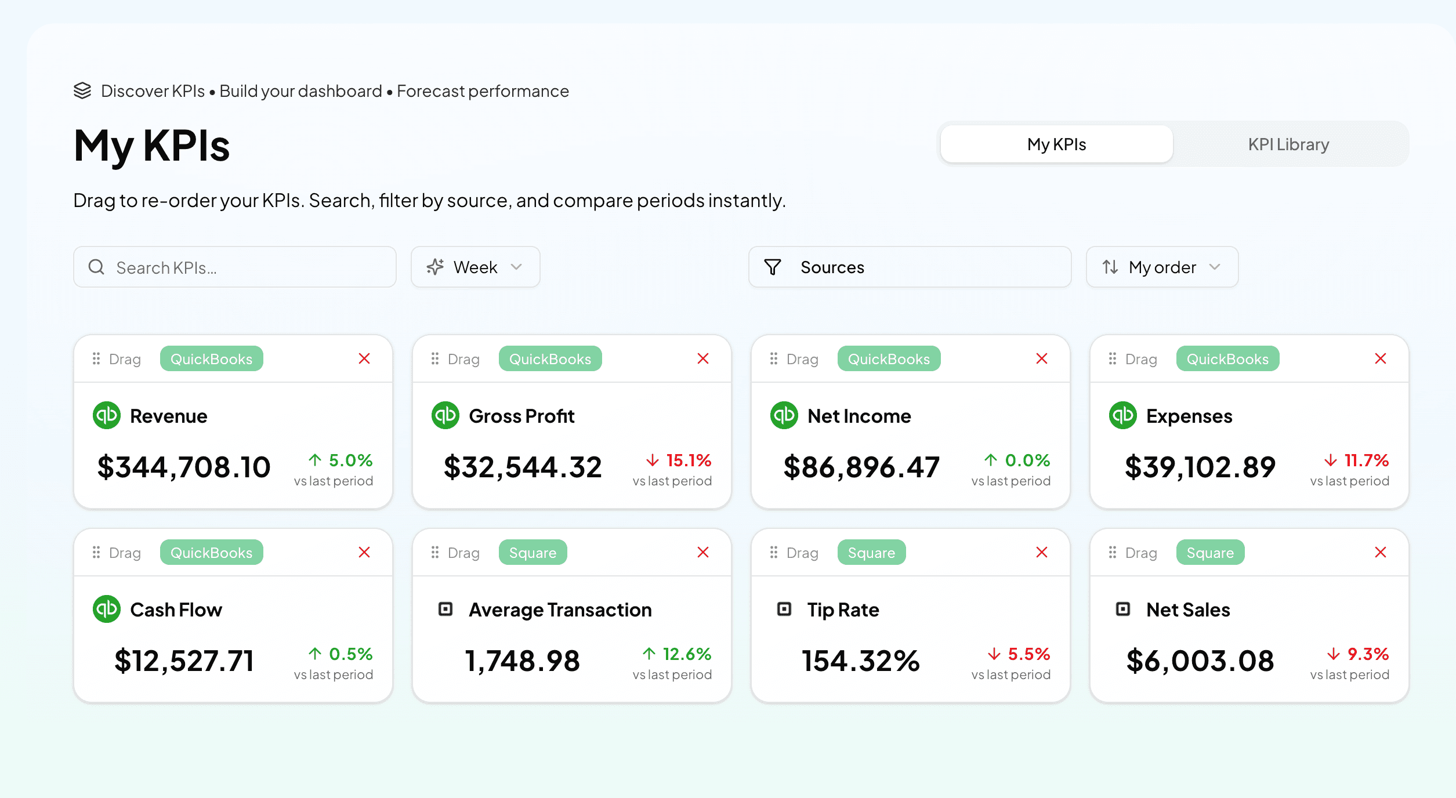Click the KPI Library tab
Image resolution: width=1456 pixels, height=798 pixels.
tap(1288, 144)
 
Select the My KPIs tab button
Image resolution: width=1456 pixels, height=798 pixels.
tap(1056, 144)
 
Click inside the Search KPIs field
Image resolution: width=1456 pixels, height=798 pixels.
tap(244, 267)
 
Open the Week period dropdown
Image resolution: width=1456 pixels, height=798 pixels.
tap(475, 267)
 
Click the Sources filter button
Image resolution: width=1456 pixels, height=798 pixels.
tap(909, 267)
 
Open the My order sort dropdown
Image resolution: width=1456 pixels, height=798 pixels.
tap(1162, 267)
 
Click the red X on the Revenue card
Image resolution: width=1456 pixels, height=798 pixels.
tap(364, 359)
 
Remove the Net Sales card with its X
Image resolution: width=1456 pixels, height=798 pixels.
tap(1381, 553)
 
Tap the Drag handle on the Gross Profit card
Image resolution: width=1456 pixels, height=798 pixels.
tap(456, 360)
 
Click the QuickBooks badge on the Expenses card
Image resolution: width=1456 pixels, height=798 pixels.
tap(1227, 359)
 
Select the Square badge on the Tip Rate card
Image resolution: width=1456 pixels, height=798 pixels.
tap(871, 553)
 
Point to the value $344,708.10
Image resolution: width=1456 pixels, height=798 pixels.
tap(184, 467)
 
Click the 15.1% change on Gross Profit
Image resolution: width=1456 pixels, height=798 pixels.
tap(679, 460)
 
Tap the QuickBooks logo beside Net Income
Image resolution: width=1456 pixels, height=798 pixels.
tap(784, 416)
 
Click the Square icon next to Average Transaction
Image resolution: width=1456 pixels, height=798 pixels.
tap(446, 610)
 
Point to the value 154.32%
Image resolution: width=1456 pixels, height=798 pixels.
tap(861, 661)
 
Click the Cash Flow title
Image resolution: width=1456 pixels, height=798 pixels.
tap(176, 610)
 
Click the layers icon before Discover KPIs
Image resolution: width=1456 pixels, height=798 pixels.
tap(82, 91)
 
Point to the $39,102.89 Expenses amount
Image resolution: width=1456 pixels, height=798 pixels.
tap(1200, 467)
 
